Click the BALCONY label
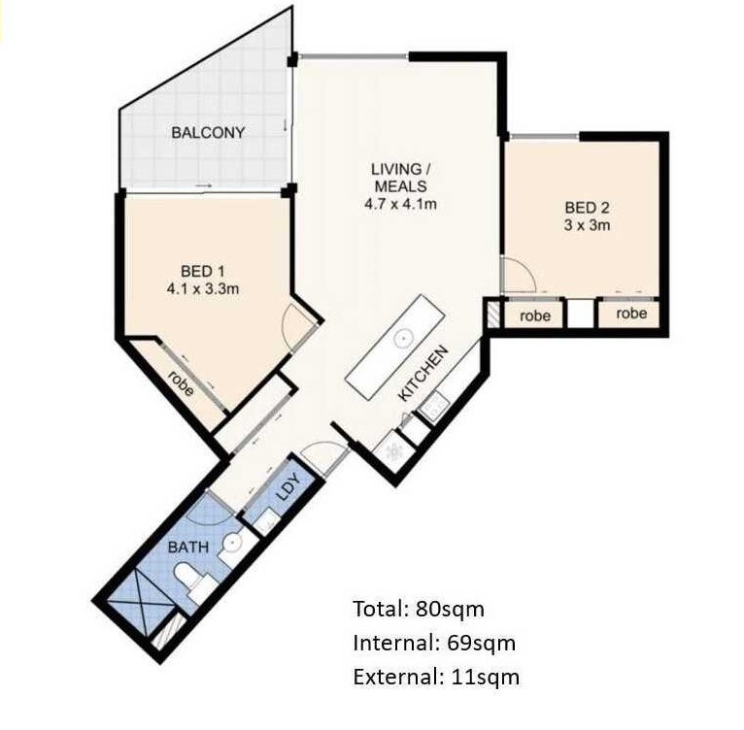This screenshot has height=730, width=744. (x=208, y=132)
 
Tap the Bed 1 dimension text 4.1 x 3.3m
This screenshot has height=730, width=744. (x=203, y=288)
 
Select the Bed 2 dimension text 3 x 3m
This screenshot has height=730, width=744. (x=587, y=225)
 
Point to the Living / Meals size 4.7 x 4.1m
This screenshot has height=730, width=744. (x=400, y=204)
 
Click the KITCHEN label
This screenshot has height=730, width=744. (x=423, y=374)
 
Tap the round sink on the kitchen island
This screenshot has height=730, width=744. (x=402, y=338)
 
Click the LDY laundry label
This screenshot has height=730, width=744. (x=288, y=487)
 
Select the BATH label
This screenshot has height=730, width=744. (x=188, y=547)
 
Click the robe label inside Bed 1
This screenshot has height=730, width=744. (x=182, y=382)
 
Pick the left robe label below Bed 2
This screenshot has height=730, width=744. (x=535, y=315)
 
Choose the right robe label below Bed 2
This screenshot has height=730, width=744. (x=631, y=313)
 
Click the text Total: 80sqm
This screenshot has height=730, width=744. (x=419, y=609)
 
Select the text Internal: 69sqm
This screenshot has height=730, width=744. (x=434, y=643)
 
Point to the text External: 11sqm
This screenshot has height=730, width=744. (x=436, y=677)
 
